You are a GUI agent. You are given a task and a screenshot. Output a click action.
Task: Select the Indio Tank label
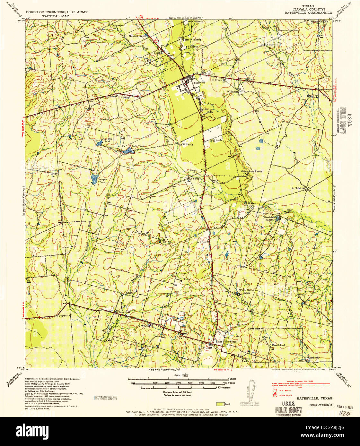pyautogui.click(x=138, y=146)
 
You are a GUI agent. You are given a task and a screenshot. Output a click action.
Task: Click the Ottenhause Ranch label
pyautogui.click(x=251, y=171)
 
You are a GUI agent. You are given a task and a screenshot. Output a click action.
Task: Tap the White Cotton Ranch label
pyautogui.click(x=247, y=291)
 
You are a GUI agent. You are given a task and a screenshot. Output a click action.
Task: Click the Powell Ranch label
pyautogui.click(x=245, y=360)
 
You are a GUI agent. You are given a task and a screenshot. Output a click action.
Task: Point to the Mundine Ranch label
pyautogui.click(x=138, y=36)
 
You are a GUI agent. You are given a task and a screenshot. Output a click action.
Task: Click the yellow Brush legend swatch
pyautogui.click(x=220, y=404)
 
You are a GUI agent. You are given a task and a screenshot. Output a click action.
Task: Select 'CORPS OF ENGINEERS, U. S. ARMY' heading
pyautogui.click(x=57, y=12)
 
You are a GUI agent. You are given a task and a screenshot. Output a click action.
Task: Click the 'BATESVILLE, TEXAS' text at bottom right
pyautogui.click(x=314, y=398)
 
